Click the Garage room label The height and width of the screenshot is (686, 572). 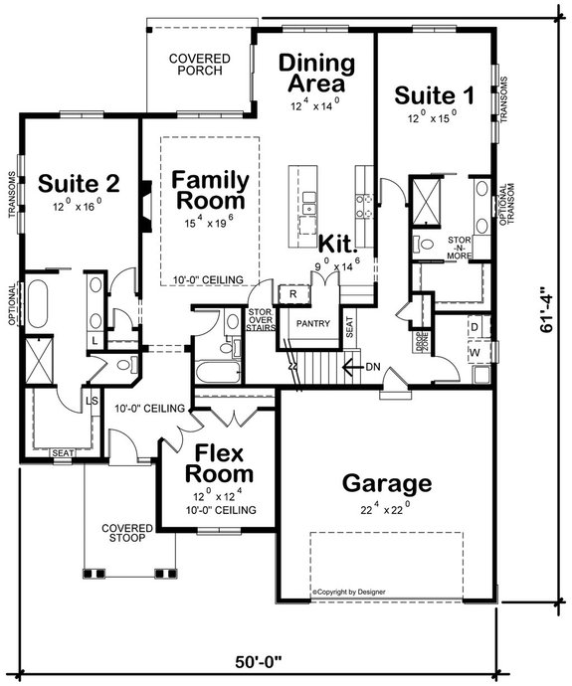(x=387, y=484)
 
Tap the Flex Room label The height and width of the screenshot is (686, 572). (x=224, y=463)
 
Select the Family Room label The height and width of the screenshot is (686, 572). (x=208, y=190)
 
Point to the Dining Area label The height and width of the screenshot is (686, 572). (x=315, y=75)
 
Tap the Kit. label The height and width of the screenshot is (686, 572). (x=337, y=244)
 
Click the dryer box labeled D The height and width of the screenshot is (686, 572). (x=475, y=326)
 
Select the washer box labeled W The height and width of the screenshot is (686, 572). (x=475, y=352)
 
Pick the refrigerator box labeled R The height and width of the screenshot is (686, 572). (x=294, y=294)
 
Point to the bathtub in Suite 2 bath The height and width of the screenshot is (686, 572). (x=40, y=302)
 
